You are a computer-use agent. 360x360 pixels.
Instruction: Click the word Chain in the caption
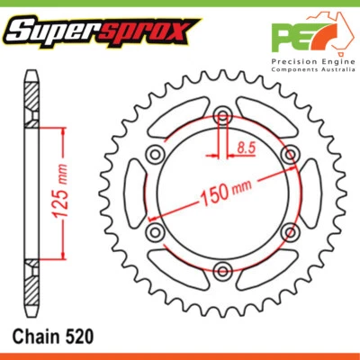(35, 336)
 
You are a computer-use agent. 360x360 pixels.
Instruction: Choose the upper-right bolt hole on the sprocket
(288, 155)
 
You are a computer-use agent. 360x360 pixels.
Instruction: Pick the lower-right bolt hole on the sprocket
(288, 230)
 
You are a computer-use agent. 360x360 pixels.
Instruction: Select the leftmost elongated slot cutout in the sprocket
(136, 193)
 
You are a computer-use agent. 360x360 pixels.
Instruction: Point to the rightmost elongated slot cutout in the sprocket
(309, 193)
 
